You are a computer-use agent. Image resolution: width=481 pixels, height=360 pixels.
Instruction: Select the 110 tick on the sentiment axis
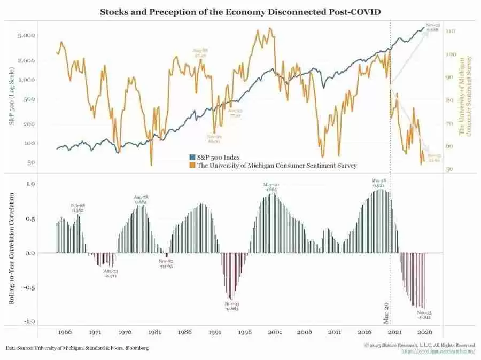pos(449,32)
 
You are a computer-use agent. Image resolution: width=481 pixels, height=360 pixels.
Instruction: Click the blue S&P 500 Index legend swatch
pos(192,158)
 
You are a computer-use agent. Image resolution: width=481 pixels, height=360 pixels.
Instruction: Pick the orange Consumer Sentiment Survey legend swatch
pos(192,166)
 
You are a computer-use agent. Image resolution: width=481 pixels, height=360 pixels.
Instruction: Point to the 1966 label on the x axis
pos(65,332)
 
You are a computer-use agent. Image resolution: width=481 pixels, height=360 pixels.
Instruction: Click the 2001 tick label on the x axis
pos(275,332)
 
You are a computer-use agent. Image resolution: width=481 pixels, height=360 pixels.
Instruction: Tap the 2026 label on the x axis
pos(425,332)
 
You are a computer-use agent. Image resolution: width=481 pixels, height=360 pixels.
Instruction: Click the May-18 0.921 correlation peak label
pos(379,183)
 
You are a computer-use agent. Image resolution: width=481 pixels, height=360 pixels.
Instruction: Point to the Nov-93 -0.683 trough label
pos(232,306)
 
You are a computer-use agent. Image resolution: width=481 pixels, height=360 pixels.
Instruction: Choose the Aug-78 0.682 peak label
pos(140,200)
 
